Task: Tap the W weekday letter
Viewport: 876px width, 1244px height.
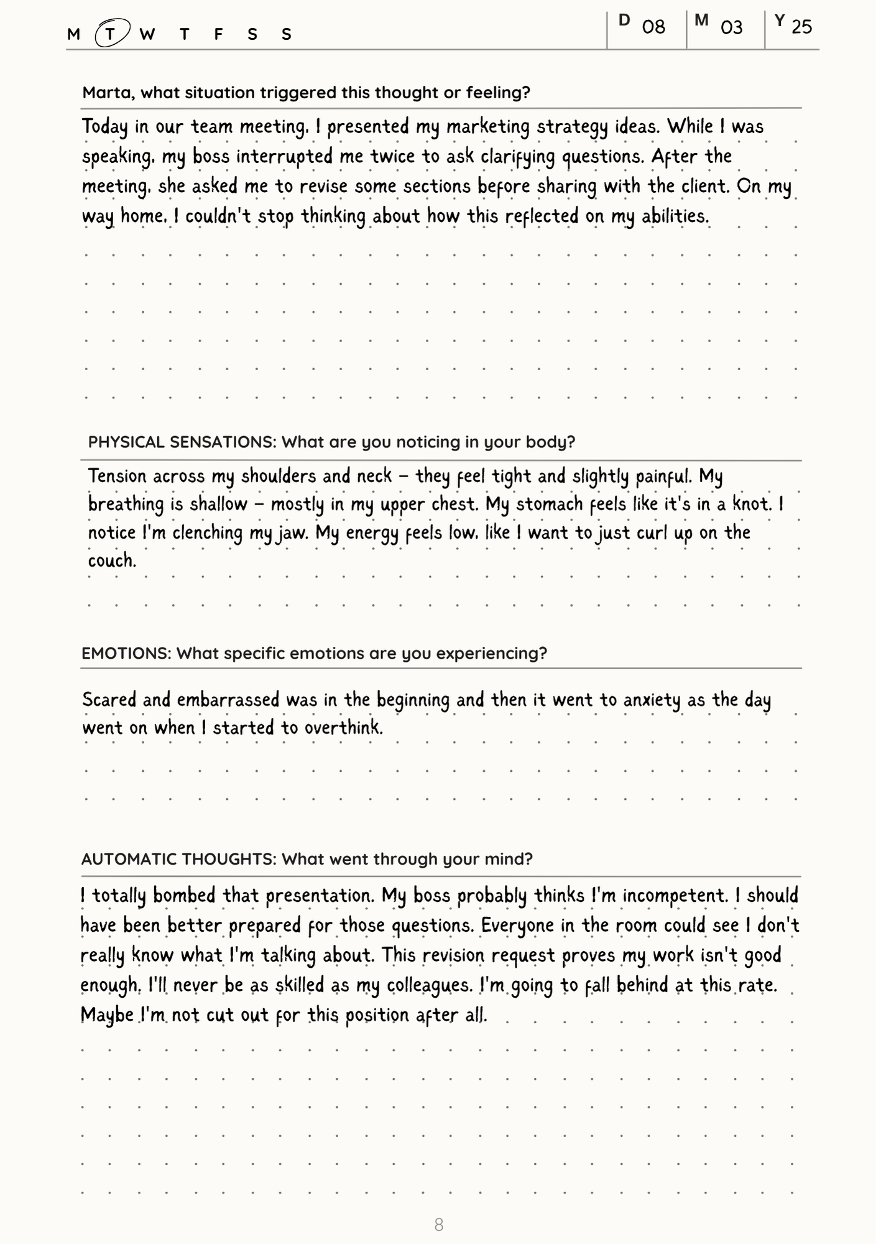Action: (x=147, y=34)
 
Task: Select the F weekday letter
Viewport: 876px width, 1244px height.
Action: (x=218, y=34)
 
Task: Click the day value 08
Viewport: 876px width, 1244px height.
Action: (x=653, y=27)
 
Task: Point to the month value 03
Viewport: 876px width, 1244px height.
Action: (x=732, y=27)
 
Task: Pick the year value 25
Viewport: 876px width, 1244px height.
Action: (x=802, y=27)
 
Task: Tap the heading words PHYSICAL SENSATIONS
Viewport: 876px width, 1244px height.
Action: (x=182, y=442)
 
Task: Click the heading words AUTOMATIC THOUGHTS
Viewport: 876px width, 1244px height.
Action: (x=178, y=859)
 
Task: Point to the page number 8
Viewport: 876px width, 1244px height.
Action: (x=438, y=1225)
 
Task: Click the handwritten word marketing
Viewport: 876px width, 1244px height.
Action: (x=487, y=127)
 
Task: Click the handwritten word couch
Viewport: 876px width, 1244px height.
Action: (x=112, y=560)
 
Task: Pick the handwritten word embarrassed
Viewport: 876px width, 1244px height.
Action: (x=228, y=700)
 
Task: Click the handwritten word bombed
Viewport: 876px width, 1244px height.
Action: (x=185, y=896)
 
